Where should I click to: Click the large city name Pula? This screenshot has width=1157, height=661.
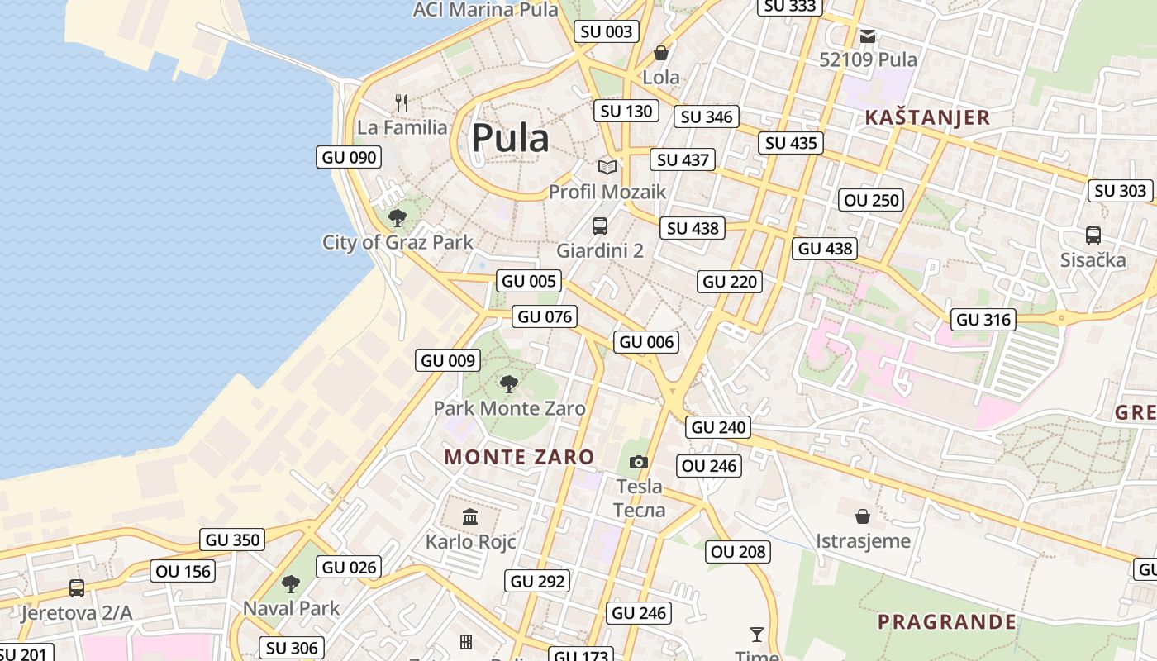click(510, 138)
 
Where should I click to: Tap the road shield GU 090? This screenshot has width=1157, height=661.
click(349, 157)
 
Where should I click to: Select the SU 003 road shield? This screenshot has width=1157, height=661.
click(607, 31)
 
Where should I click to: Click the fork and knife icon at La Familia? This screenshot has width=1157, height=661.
click(402, 103)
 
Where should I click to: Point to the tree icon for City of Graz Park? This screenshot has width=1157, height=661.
click(398, 218)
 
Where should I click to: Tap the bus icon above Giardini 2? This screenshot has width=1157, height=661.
click(600, 226)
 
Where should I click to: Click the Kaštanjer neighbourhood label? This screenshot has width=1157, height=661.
click(927, 117)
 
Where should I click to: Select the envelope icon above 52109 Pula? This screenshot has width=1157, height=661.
click(868, 36)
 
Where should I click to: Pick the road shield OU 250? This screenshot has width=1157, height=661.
click(871, 200)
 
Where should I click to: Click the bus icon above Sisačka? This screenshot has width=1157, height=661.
click(1093, 235)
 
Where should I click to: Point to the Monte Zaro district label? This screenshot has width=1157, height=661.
click(519, 457)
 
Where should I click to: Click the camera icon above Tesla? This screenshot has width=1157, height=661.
click(639, 462)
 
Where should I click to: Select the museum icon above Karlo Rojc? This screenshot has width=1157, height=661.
click(470, 517)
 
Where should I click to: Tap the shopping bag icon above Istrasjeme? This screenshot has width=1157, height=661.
click(863, 516)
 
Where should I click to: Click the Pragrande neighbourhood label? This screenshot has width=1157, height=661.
click(946, 621)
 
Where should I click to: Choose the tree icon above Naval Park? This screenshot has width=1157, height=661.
click(291, 584)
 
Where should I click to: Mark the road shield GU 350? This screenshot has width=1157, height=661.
click(233, 540)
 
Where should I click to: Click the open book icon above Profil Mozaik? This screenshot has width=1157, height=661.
click(607, 167)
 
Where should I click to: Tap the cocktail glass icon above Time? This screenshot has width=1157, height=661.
click(756, 635)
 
